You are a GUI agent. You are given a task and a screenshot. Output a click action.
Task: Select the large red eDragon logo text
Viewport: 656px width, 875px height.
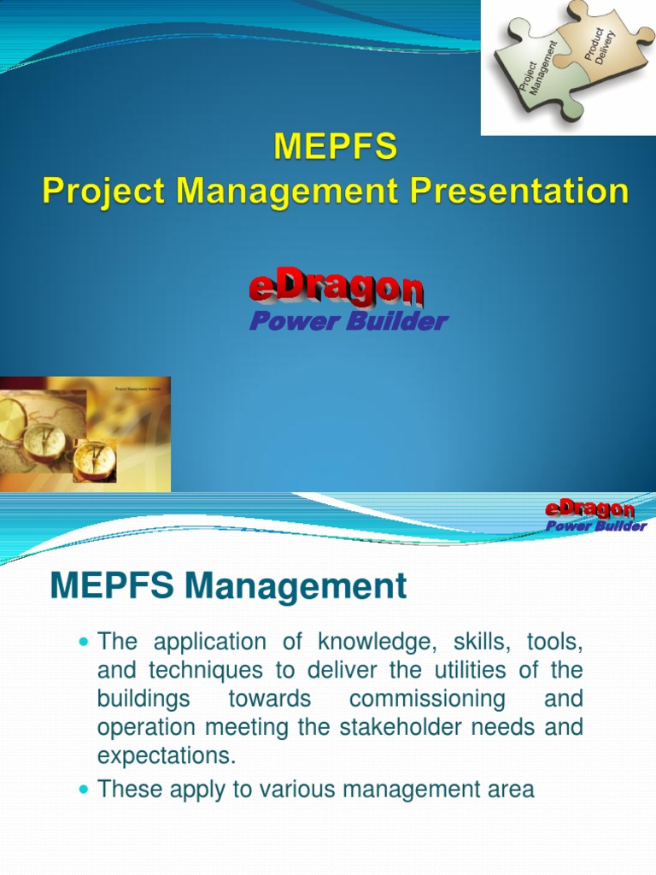point(336,288)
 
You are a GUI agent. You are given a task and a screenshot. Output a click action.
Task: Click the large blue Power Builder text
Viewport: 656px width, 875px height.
point(348,321)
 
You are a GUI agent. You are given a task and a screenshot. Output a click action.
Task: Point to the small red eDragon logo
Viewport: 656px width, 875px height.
point(589,510)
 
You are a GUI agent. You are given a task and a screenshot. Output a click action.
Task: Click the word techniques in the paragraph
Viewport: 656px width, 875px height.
point(197,670)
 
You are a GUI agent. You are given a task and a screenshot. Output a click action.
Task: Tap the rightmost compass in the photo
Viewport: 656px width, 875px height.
point(94,459)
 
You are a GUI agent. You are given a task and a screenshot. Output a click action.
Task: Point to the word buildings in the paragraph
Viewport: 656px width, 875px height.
point(144,699)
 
